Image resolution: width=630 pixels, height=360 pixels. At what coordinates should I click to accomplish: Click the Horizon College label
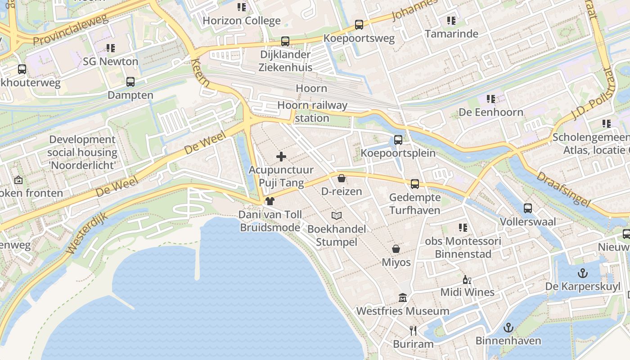pyautogui.click(x=242, y=21)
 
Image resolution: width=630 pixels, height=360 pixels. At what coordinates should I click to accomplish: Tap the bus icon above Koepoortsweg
pyautogui.click(x=359, y=25)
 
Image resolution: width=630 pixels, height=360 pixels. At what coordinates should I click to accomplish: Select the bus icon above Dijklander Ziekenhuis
pyautogui.click(x=285, y=41)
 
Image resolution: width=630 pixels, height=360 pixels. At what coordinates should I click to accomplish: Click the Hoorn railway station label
pyautogui.click(x=312, y=112)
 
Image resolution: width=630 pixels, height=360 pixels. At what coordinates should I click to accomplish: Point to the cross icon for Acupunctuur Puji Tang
pyautogui.click(x=281, y=157)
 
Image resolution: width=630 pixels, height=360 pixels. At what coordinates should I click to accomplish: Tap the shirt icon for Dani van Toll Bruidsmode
pyautogui.click(x=270, y=201)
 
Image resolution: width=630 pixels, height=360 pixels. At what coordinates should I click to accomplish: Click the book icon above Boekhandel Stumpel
pyautogui.click(x=337, y=216)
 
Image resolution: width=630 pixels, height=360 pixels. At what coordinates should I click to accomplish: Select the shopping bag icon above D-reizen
pyautogui.click(x=342, y=178)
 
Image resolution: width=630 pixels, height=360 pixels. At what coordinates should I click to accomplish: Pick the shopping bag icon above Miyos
pyautogui.click(x=396, y=249)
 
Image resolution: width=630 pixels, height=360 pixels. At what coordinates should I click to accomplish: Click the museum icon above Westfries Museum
pyautogui.click(x=402, y=297)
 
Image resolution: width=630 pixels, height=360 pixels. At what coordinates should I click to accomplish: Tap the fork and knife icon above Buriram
pyautogui.click(x=413, y=331)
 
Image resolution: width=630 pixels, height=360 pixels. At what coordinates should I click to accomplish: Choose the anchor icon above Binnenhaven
pyautogui.click(x=508, y=328)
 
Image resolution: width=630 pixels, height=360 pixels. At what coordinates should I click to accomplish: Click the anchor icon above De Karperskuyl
pyautogui.click(x=583, y=273)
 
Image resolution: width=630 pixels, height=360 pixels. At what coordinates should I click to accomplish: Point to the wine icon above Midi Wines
pyautogui.click(x=467, y=279)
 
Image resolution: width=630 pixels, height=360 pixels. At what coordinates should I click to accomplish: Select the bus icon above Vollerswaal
pyautogui.click(x=528, y=208)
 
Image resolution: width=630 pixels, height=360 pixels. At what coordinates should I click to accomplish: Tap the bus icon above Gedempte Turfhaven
pyautogui.click(x=415, y=184)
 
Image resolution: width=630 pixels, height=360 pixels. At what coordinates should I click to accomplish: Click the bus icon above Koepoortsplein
pyautogui.click(x=398, y=139)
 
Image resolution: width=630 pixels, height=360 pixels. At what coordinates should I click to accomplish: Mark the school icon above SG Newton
pyautogui.click(x=111, y=48)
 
